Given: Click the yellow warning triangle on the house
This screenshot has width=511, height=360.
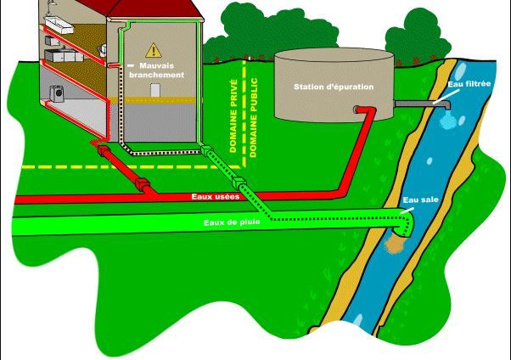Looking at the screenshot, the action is (154, 50).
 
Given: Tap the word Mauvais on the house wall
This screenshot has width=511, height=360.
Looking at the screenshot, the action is (157, 65).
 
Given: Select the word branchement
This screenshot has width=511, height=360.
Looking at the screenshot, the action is (157, 75).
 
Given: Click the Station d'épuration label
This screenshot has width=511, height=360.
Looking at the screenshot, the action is (334, 87).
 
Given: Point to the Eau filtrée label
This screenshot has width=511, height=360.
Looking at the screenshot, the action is (469, 84).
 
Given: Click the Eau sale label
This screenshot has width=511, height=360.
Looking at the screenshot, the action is (421, 200).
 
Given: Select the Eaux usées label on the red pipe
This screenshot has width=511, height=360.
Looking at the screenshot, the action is (216, 197).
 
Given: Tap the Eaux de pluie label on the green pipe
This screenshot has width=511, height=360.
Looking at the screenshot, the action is (232, 222).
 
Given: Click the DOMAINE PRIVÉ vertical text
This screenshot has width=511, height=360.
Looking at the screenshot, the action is (233, 115).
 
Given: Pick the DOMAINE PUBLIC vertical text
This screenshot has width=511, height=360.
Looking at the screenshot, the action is (253, 118).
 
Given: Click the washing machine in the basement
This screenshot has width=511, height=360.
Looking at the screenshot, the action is (58, 93).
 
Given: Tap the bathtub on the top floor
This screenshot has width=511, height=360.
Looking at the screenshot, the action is (59, 25).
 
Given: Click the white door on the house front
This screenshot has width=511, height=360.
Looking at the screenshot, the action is (154, 90).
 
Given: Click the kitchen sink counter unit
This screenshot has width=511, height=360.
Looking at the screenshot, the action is (64, 55).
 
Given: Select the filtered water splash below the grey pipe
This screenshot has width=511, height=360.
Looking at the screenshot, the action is (448, 120).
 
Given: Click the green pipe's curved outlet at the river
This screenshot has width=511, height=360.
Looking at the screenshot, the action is (405, 223).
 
